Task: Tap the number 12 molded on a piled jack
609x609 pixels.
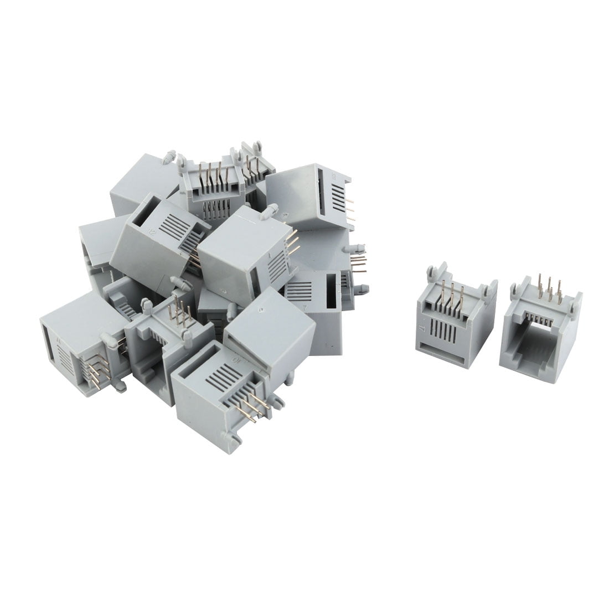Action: coord(150,234)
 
